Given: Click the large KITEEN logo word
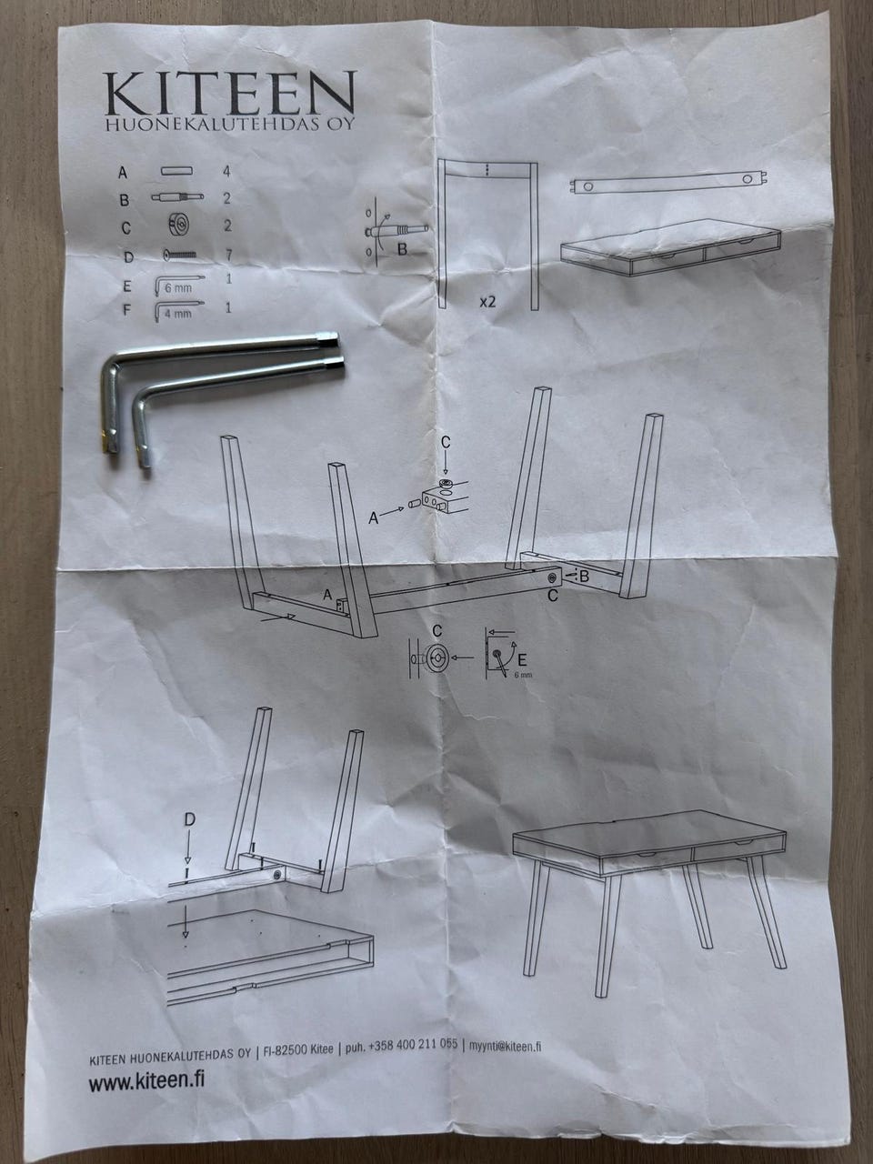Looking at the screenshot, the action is pos(230,93).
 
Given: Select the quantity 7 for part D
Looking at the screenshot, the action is pos(228,255).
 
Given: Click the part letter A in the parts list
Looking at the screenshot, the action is pos(123,173).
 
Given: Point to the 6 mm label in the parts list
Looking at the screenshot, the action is pos(177,289).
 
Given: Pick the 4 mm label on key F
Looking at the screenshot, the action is pos(177,314).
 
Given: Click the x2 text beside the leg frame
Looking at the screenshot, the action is pos(487,302).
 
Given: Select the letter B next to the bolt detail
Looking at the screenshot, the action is pos(402,249).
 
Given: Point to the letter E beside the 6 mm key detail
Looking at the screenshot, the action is pos(522,659).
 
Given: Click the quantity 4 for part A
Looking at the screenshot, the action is pos(226,171).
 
